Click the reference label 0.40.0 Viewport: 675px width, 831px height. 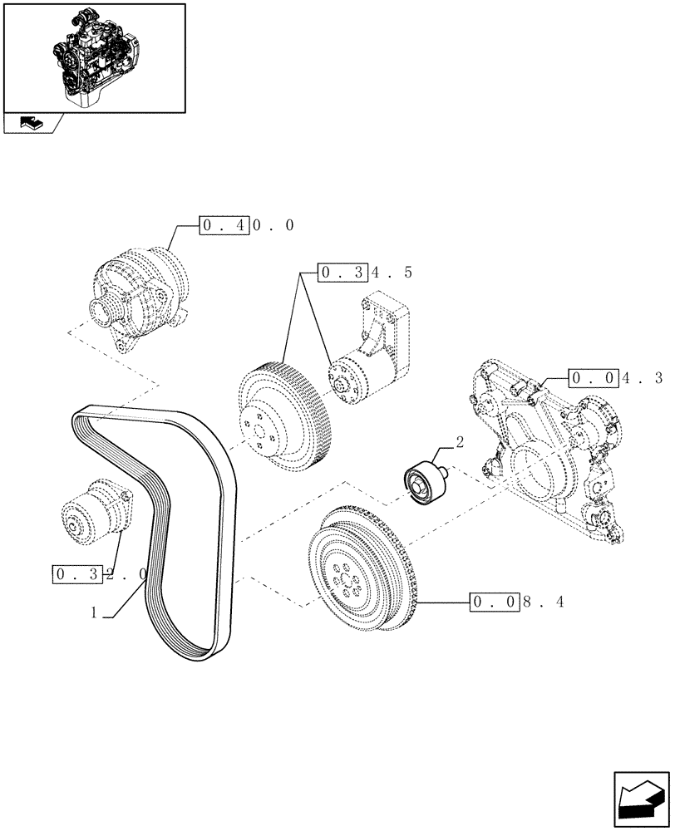pyautogui.click(x=247, y=226)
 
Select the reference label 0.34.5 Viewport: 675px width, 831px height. pyautogui.click(x=366, y=272)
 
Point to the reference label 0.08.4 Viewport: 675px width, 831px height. pyautogui.click(x=517, y=602)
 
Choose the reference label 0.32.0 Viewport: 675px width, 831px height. pyautogui.click(x=100, y=574)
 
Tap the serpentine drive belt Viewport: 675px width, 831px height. pyautogui.click(x=158, y=515)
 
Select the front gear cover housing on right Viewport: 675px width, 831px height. pyautogui.click(x=549, y=449)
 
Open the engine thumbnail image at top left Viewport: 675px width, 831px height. pyautogui.click(x=94, y=57)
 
